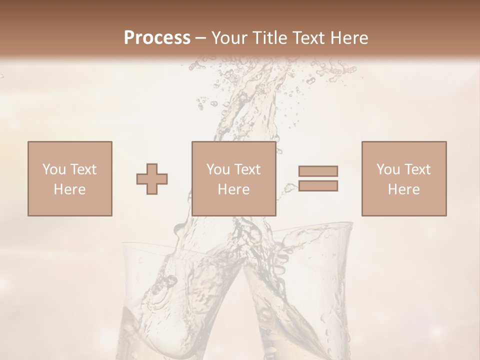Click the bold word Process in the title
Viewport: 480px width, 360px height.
coord(157,38)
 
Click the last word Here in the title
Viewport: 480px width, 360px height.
coord(350,38)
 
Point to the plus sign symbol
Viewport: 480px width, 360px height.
coord(152,178)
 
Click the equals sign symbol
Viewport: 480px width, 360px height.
coord(318,178)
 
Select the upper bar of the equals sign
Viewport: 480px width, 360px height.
coord(318,171)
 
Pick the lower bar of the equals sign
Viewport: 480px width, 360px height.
coord(318,186)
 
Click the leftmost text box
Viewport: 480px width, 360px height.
coord(70,178)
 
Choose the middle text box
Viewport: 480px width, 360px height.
coord(234,178)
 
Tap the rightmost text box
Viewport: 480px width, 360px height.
coord(404,178)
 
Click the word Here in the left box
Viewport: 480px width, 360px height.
coord(70,189)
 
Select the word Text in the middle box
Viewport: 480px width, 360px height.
coord(247,169)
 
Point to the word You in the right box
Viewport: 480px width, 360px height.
coord(388,169)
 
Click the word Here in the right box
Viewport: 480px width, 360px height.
coord(404,189)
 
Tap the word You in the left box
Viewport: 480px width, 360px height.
coord(54,169)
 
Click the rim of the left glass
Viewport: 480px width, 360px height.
coord(150,246)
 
